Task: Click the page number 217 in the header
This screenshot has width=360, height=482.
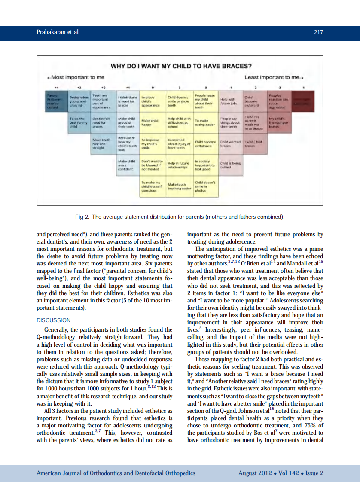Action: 318,32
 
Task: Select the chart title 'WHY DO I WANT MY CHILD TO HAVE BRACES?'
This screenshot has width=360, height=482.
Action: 181,66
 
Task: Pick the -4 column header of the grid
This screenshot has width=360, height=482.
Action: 303,86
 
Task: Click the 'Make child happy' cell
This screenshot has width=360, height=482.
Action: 152,122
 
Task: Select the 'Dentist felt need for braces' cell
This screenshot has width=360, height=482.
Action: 102,122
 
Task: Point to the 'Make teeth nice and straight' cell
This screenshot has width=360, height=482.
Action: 102,144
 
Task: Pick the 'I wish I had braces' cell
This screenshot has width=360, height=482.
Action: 254,144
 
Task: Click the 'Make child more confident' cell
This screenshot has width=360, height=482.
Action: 127,165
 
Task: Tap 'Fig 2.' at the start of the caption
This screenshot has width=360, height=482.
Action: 83,217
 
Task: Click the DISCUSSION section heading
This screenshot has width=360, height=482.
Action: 54,320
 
